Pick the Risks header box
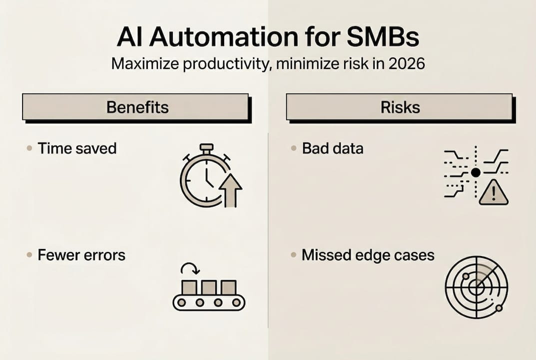(x=399, y=107)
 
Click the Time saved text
(x=77, y=148)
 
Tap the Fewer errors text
(x=81, y=255)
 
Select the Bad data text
(x=333, y=148)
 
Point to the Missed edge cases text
(x=368, y=255)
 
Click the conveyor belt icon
(x=209, y=295)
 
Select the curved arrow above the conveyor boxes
(x=190, y=268)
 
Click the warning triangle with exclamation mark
(x=493, y=193)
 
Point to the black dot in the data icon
(x=476, y=172)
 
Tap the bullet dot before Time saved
(x=28, y=148)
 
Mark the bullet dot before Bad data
(x=293, y=148)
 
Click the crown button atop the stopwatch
(x=206, y=148)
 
